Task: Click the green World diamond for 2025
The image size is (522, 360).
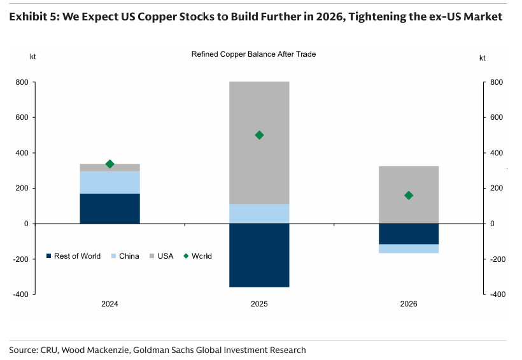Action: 259,135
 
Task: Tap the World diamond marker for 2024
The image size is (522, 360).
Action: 110,164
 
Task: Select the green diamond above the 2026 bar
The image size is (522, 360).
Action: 409,196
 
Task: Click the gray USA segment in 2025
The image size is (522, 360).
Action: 259,143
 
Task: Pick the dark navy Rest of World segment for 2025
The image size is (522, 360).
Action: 259,255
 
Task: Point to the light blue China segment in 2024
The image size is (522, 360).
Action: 110,182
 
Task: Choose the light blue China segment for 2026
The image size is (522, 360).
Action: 409,248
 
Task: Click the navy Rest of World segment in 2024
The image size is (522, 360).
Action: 110,208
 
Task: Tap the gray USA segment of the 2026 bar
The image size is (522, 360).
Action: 409,195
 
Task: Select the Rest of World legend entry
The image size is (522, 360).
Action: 73,256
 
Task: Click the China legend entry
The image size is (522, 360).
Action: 125,256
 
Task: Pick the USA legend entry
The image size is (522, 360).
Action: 162,256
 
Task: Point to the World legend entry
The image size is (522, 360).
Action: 198,256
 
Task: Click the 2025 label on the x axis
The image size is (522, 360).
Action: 259,304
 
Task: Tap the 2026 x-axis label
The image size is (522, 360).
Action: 409,304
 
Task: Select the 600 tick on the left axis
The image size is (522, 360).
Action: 22,117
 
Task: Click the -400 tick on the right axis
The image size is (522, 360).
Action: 498,294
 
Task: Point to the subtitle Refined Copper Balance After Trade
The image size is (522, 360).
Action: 253,54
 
